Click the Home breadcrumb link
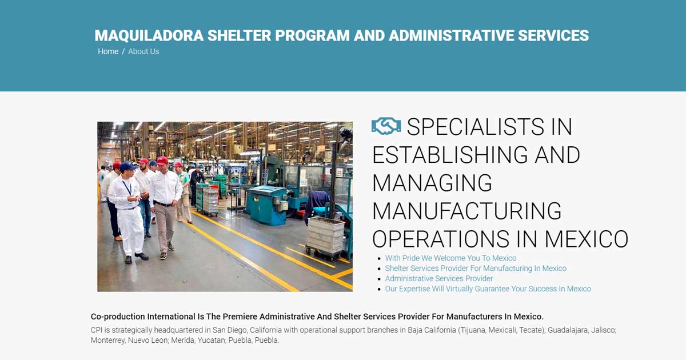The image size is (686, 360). (x=108, y=51)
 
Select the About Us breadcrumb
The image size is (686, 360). (x=143, y=51)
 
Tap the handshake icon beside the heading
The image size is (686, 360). (x=386, y=126)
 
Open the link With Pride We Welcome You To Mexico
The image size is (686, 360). (x=450, y=258)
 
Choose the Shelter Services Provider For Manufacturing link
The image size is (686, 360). (x=476, y=269)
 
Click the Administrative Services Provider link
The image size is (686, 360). (x=439, y=279)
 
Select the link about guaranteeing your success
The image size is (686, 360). (x=488, y=289)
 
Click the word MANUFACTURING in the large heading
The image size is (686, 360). (x=466, y=211)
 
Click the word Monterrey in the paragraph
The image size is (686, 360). (x=108, y=341)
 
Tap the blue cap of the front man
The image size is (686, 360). (x=127, y=167)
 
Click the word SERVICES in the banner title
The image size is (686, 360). (x=553, y=35)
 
